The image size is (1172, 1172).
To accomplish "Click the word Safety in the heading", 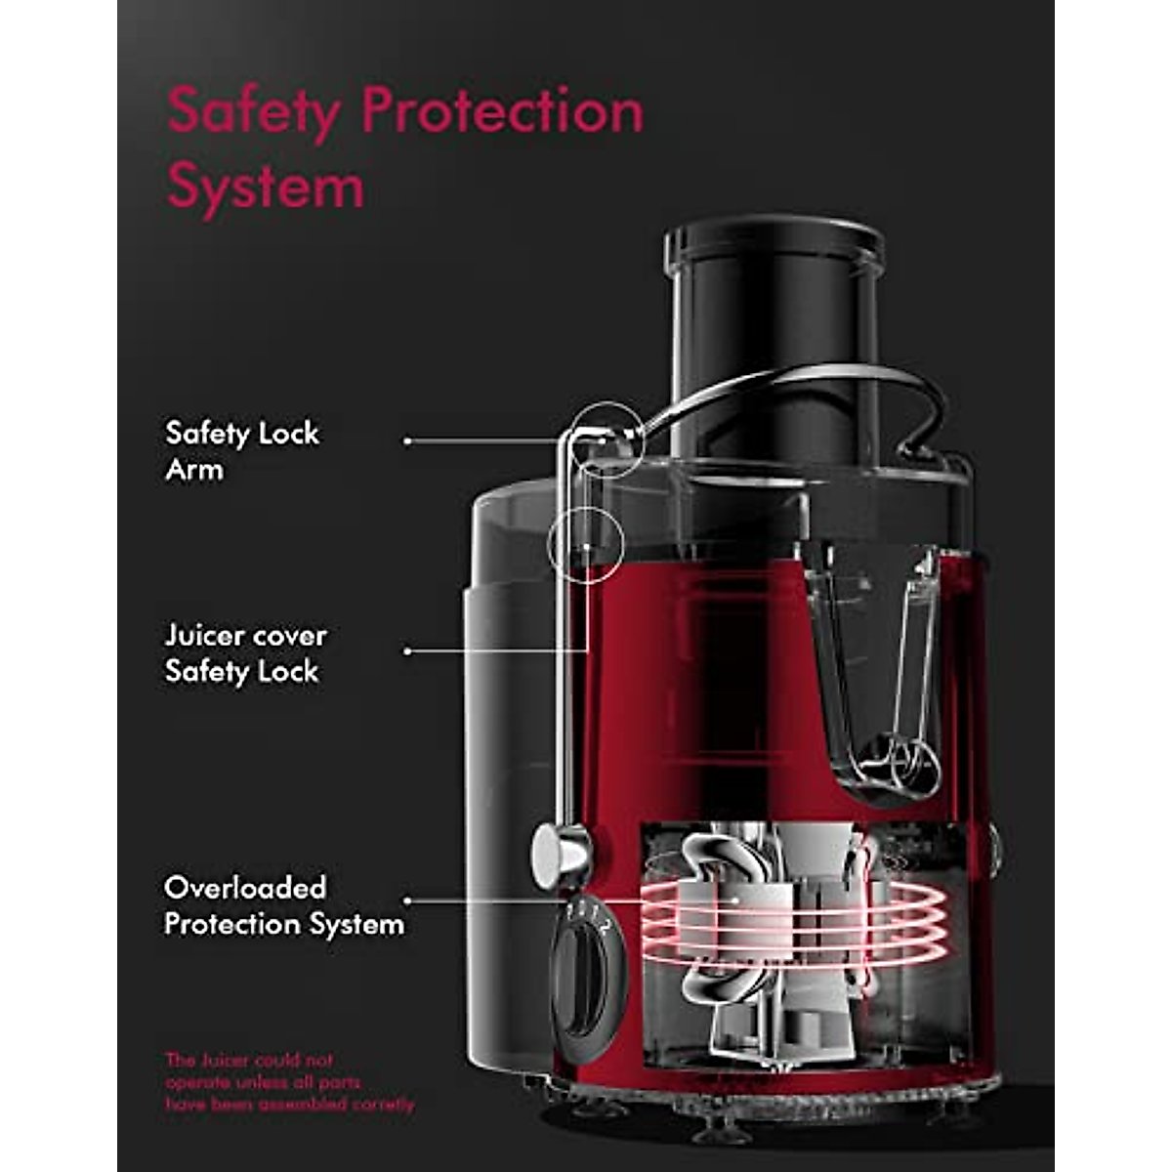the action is pos(255,113).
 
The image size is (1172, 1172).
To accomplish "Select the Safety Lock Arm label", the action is pos(241,450).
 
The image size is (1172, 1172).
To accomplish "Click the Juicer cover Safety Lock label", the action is pos(245,652).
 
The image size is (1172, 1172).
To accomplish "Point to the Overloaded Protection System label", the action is pos(283,905).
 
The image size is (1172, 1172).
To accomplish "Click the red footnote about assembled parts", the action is pos(289,1082).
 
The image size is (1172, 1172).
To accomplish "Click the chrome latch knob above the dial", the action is pos(560,848).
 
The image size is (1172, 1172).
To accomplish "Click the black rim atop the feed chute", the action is pos(774,244).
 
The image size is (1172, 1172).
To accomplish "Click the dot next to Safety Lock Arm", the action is pos(407,440).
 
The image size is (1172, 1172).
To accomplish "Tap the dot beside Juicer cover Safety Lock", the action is pos(407,650).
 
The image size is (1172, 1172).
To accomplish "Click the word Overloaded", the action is pos(245,888).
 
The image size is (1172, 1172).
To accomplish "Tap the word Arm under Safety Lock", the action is pos(193,469).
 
